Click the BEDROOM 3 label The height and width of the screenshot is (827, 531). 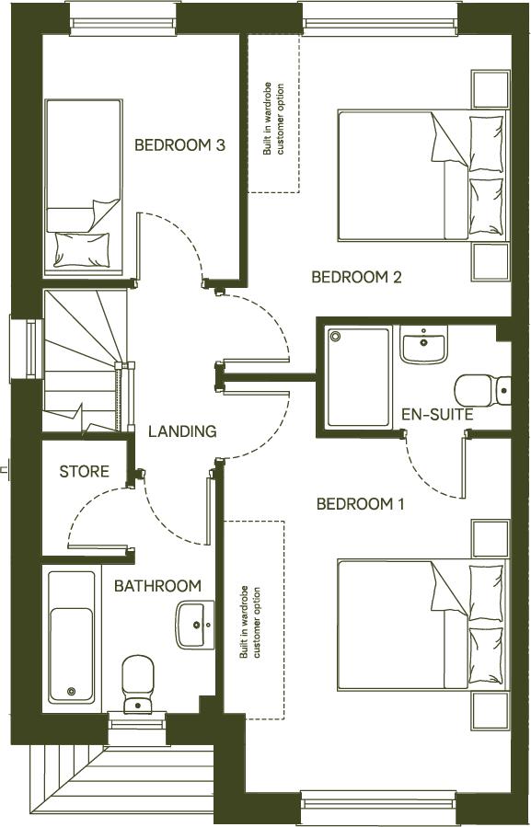pyautogui.click(x=180, y=144)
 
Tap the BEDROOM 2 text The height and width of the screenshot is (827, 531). pyautogui.click(x=356, y=277)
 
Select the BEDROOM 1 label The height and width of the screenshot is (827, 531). pyautogui.click(x=361, y=504)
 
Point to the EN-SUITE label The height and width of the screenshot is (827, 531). pyautogui.click(x=437, y=415)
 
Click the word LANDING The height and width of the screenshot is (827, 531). pyautogui.click(x=182, y=431)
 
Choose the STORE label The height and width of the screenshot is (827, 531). pyautogui.click(x=84, y=472)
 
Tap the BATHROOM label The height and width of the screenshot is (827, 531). pyautogui.click(x=157, y=586)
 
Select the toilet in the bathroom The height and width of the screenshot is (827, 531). pyautogui.click(x=137, y=683)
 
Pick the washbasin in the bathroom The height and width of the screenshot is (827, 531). pyautogui.click(x=195, y=625)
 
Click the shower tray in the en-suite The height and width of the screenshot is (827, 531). pyautogui.click(x=359, y=376)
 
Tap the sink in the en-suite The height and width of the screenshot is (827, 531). pyautogui.click(x=423, y=344)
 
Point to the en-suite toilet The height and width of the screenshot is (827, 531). pyautogui.click(x=483, y=389)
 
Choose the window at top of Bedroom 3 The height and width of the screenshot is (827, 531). pyautogui.click(x=122, y=18)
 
